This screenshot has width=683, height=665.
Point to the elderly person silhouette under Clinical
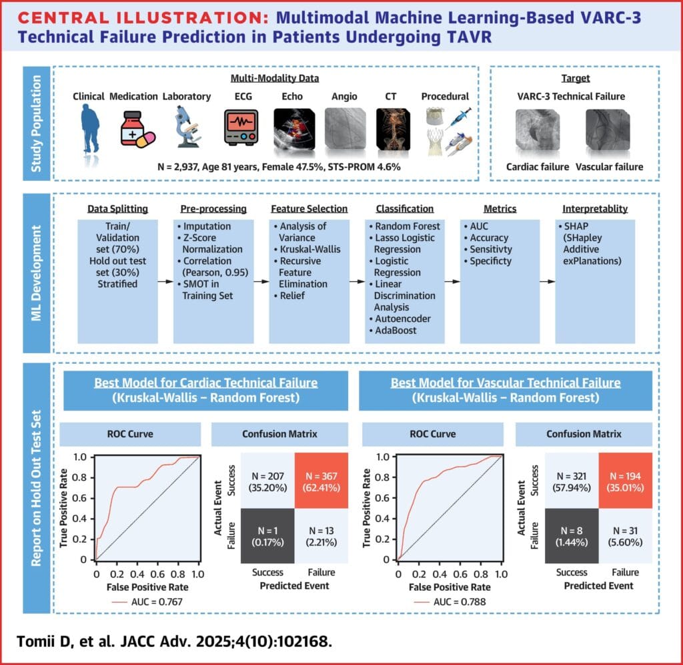88,128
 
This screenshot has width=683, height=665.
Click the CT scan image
392,128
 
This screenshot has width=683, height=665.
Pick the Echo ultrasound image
292,128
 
